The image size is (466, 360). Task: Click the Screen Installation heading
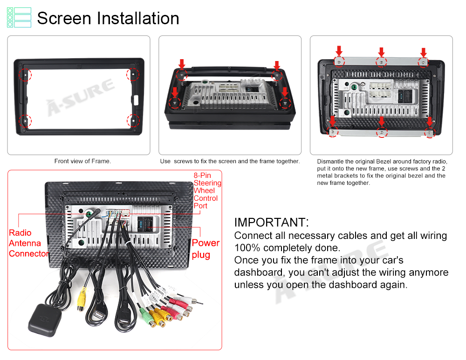(108, 18)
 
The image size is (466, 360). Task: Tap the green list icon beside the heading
(19, 18)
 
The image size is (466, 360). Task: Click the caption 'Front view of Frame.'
(82, 161)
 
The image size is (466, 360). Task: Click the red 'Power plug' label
(206, 249)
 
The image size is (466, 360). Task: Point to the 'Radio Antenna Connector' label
(29, 243)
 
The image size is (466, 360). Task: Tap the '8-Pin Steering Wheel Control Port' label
(207, 190)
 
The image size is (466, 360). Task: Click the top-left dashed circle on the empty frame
(25, 75)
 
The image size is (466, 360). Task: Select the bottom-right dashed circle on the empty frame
(133, 121)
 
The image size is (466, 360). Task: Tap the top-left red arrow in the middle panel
(182, 63)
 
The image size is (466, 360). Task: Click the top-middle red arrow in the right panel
(381, 52)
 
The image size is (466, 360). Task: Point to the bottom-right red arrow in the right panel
(429, 122)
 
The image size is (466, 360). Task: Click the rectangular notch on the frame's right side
(137, 100)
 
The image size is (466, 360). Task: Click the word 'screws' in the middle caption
(183, 161)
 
